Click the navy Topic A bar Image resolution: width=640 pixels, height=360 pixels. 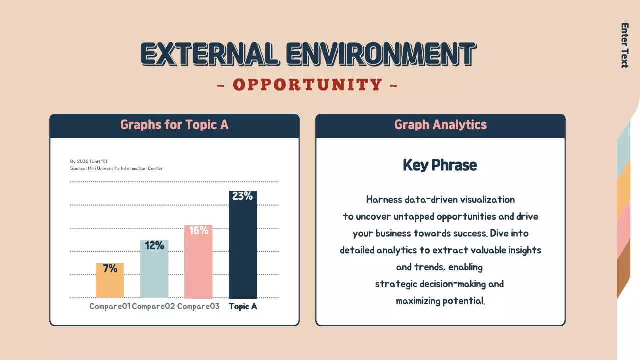tap(243, 250)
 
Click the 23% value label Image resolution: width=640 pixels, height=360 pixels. tap(242, 196)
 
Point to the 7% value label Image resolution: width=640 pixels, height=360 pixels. tap(110, 269)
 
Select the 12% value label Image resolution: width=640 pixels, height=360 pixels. tap(154, 246)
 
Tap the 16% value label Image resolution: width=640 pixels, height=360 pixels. tap(198, 230)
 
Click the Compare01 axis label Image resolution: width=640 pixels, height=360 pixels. tap(110, 306)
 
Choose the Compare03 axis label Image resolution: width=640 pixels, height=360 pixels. tap(198, 306)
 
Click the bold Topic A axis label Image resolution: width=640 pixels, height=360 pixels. tap(243, 306)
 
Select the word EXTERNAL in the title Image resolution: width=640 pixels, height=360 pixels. tap(210, 54)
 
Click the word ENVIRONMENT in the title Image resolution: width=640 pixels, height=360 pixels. tap(381, 54)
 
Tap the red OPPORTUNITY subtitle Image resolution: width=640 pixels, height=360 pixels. tap(308, 85)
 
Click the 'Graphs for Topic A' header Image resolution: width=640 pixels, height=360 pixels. tap(174, 125)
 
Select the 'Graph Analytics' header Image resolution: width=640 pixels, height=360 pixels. tap(440, 125)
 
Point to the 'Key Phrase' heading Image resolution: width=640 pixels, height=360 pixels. tap(440, 165)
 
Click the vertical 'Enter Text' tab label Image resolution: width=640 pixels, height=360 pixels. tap(624, 45)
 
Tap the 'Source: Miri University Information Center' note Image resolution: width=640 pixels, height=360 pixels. tap(116, 168)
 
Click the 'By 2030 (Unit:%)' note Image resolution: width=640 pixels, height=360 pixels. tap(88, 161)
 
